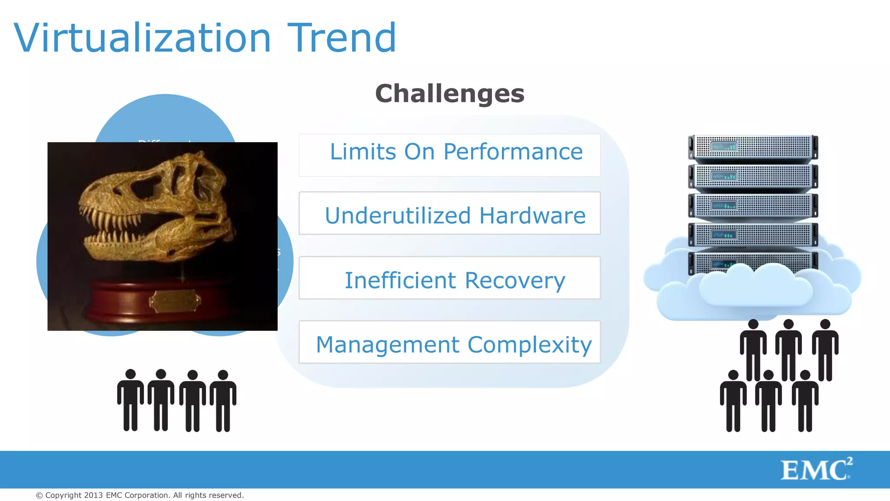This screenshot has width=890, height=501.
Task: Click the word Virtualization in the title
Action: tap(143, 38)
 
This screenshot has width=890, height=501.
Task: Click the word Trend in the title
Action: tap(342, 38)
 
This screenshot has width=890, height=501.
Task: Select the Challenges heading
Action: tap(449, 94)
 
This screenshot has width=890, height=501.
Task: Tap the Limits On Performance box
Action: tap(449, 155)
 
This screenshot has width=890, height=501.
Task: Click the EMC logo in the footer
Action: tap(816, 470)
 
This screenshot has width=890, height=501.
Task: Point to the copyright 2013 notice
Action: tap(140, 495)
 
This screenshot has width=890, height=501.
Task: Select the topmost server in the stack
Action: tap(753, 147)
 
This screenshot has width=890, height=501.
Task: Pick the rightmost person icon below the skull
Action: tap(223, 400)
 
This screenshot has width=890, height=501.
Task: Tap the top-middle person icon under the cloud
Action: tap(788, 350)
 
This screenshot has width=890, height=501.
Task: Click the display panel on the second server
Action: tap(724, 176)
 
